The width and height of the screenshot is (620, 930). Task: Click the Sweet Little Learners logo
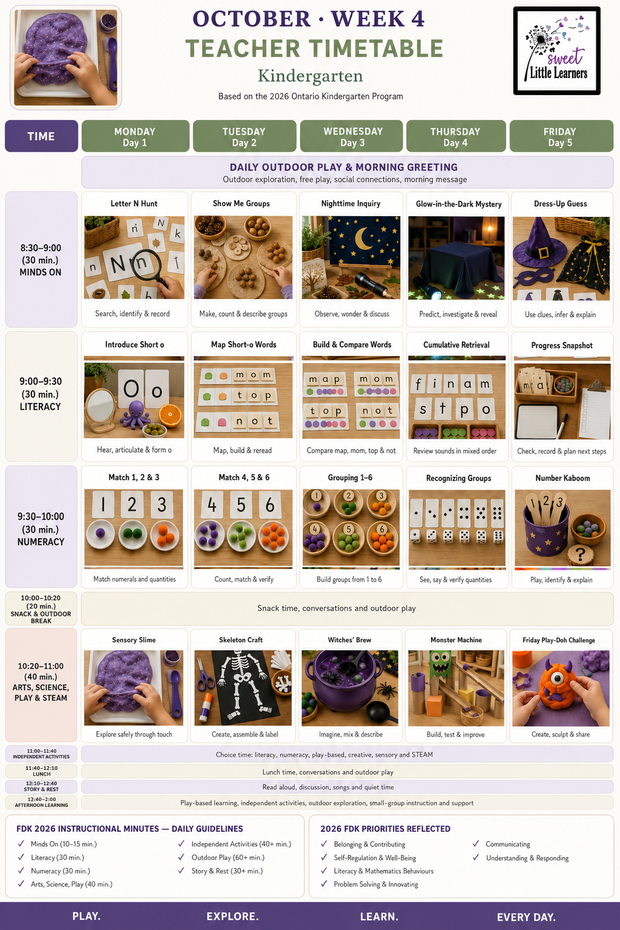(556, 51)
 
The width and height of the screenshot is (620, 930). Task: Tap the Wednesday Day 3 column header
(352, 136)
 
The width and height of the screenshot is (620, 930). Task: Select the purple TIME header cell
(41, 136)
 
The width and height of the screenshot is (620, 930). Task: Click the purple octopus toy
(136, 415)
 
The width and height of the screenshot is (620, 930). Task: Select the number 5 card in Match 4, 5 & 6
(241, 504)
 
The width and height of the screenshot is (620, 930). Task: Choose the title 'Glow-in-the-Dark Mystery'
(458, 204)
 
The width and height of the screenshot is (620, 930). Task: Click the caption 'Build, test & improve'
(455, 734)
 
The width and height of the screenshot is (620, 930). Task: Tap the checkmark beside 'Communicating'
(476, 843)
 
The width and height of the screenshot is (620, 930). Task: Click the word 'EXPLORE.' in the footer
(232, 916)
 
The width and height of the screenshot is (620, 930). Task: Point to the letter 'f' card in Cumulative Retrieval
(418, 384)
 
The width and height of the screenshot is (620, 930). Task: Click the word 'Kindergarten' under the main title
(310, 76)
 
